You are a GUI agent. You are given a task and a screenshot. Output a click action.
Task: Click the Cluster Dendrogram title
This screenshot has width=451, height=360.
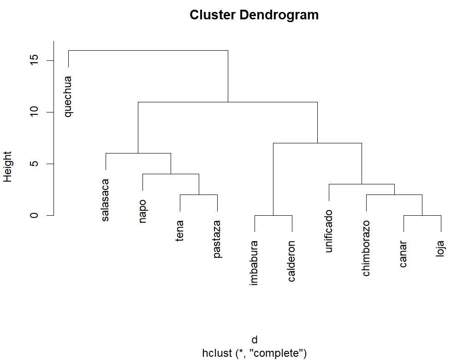(254, 15)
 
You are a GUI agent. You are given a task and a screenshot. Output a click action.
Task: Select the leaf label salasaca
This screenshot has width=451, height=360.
(106, 200)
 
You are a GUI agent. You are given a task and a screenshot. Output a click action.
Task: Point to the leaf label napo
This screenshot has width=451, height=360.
(142, 211)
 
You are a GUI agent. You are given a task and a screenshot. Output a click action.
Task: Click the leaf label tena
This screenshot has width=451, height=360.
(180, 230)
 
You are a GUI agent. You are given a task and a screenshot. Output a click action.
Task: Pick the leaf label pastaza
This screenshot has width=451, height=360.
(217, 239)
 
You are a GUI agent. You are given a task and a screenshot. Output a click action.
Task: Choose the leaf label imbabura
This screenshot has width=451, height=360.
(254, 263)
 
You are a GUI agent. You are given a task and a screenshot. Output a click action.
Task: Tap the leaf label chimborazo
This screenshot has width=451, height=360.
(366, 248)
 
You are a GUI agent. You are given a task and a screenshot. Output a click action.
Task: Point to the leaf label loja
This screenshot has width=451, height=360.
(441, 249)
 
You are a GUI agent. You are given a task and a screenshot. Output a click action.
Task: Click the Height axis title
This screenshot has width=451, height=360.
(8, 166)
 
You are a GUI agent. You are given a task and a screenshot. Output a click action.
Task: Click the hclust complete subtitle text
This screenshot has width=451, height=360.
(254, 354)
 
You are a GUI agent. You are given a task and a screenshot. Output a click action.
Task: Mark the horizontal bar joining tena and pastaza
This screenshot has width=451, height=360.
(199, 195)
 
